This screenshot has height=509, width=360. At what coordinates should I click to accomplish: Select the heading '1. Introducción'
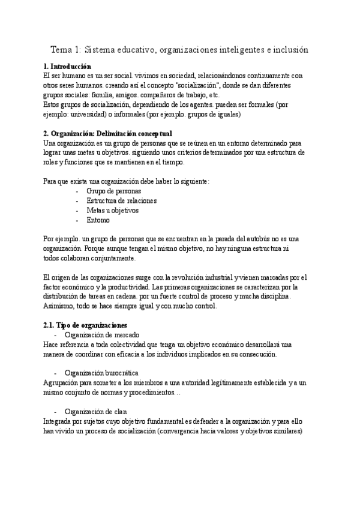[x=68, y=66]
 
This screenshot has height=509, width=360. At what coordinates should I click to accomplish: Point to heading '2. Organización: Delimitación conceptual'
[x=108, y=133]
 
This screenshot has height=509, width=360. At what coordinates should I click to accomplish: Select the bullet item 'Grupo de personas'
[x=114, y=191]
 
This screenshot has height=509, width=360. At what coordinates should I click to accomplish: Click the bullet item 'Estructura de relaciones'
[x=122, y=201]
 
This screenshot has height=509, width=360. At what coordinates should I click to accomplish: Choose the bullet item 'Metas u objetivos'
[x=112, y=211]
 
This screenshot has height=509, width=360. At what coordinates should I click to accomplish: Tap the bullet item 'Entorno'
[x=98, y=220]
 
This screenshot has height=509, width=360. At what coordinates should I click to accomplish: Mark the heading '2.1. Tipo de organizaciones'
[x=85, y=325]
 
